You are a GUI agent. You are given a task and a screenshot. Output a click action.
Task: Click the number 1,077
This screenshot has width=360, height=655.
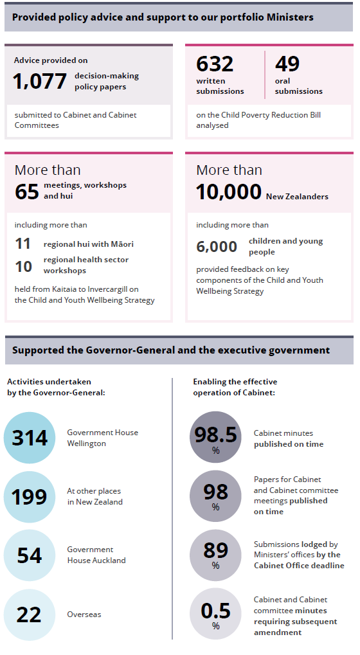pos(40,81)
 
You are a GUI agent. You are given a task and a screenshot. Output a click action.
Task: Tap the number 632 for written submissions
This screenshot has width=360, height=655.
pos(215,64)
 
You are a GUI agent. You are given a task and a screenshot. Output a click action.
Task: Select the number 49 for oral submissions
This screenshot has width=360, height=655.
pos(287,64)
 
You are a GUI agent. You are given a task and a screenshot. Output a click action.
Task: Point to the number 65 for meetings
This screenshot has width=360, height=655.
pos(27,192)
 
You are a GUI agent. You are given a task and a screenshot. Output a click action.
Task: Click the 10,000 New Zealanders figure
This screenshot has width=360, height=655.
pos(229,192)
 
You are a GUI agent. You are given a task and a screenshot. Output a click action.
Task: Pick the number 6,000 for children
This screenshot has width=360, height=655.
pos(217,246)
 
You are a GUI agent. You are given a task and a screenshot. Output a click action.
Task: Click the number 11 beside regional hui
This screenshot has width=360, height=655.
pos(22,244)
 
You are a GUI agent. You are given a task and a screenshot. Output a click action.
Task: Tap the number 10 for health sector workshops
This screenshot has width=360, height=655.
pos(23,266)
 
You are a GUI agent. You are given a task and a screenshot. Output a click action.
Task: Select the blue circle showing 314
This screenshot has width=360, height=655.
pos(30,438)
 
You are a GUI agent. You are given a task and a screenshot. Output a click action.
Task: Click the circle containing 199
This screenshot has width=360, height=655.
pos(30,497)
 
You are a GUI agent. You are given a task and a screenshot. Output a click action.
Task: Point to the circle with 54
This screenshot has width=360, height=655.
pos(30,555)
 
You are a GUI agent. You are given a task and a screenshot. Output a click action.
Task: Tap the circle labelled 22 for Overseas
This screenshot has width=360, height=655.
pos(30,615)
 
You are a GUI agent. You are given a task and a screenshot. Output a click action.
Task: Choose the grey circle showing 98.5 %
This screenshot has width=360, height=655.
pos(215,437)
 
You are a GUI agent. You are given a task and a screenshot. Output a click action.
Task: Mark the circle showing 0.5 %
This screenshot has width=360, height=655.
pos(215,615)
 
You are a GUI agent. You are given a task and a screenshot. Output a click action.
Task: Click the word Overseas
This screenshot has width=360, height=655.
pos(84,615)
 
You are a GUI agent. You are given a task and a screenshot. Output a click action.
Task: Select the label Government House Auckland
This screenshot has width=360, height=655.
pos(96,555)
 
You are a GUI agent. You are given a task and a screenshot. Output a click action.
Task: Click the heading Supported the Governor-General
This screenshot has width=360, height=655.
pos(171,350)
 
